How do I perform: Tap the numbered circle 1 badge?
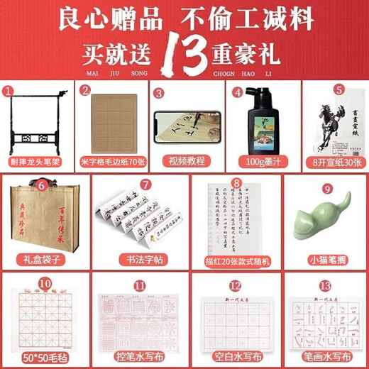pos(9,91)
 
